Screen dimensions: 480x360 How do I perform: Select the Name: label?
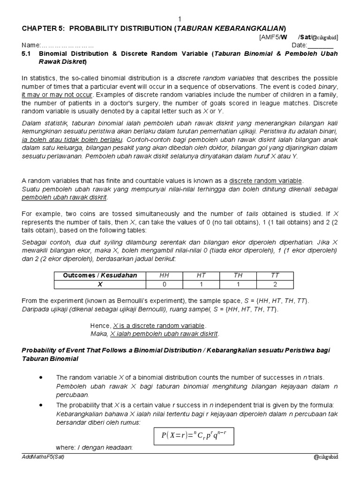click(31, 45)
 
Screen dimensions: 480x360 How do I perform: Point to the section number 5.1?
click(28, 54)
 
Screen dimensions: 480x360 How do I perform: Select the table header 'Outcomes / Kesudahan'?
click(100, 275)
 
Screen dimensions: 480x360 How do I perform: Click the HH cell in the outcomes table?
click(164, 275)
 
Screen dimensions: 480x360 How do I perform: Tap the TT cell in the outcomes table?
click(275, 275)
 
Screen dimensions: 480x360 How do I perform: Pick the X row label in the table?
click(99, 284)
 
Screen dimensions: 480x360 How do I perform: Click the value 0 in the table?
click(164, 284)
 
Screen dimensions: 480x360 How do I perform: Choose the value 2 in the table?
click(275, 284)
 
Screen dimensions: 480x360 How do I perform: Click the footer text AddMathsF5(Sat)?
click(43, 457)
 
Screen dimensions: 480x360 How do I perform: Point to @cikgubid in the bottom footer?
click(326, 457)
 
